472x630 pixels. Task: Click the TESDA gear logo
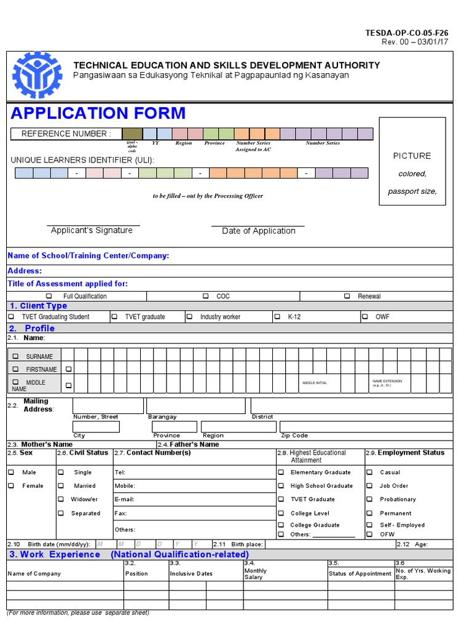pos(37,75)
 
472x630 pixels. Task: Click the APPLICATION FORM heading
pos(98,113)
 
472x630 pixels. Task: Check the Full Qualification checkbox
pos(49,296)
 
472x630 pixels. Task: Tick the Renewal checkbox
pos(347,296)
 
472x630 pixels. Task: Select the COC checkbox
pos(206,296)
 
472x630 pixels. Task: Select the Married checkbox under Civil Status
pos(61,486)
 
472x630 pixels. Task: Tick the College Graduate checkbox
pos(281,525)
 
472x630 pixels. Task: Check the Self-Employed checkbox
pos(369,525)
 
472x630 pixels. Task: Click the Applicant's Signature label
pos(92,231)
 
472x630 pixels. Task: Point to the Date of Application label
pos(259,231)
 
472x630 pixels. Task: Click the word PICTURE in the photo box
pos(412,156)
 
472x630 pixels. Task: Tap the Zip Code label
pos(294,436)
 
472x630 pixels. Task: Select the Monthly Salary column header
pos(256,573)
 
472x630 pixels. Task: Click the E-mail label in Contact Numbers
pos(124,500)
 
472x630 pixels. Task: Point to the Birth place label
pos(247,544)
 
